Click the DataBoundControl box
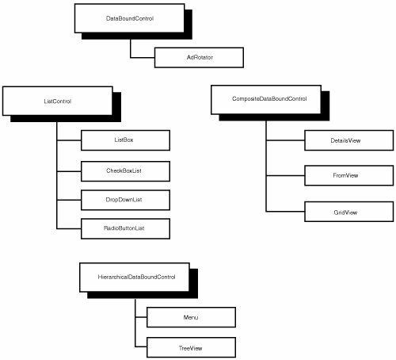click(129, 18)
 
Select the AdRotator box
click(199, 57)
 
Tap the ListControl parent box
click(58, 101)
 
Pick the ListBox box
click(125, 140)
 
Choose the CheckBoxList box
click(125, 171)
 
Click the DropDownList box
click(125, 200)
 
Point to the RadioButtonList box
click(125, 228)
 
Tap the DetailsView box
click(348, 140)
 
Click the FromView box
click(348, 175)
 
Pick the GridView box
click(348, 212)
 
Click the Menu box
click(191, 317)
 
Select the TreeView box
click(191, 347)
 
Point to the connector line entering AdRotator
click(143, 57)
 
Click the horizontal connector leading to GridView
click(285, 212)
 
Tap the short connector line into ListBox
click(69, 140)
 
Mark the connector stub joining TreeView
click(141, 347)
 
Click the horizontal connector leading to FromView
click(285, 175)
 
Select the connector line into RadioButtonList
click(69, 228)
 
